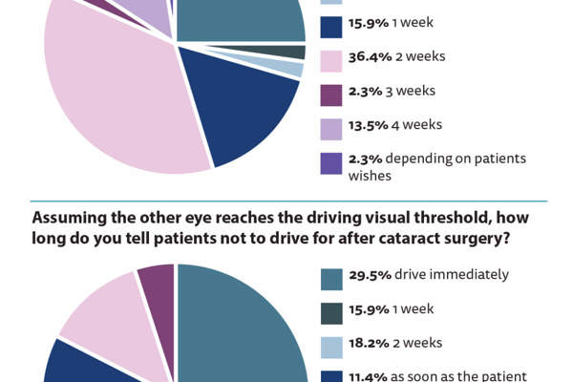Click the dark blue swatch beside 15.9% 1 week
[330, 23]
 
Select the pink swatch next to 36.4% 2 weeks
[330, 57]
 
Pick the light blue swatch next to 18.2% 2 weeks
[330, 344]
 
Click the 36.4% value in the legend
[368, 57]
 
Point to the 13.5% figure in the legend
[368, 125]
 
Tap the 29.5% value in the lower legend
[368, 276]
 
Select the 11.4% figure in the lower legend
[368, 376]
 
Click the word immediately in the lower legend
[469, 276]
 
